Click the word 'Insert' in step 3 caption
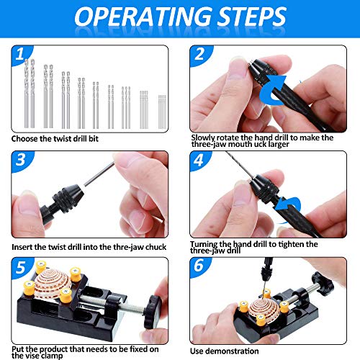click(24, 247)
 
